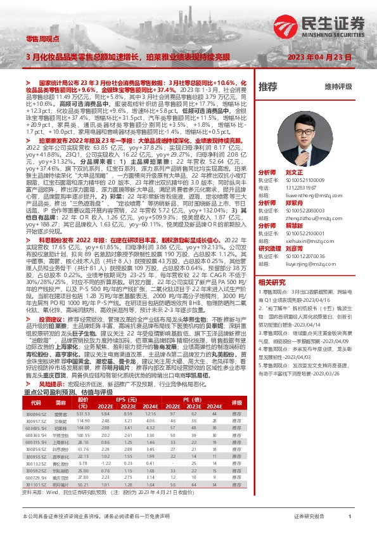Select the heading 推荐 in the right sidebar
pyautogui.click(x=269, y=86)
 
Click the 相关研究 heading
pyautogui.click(x=272, y=282)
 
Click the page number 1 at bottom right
pyautogui.click(x=350, y=518)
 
